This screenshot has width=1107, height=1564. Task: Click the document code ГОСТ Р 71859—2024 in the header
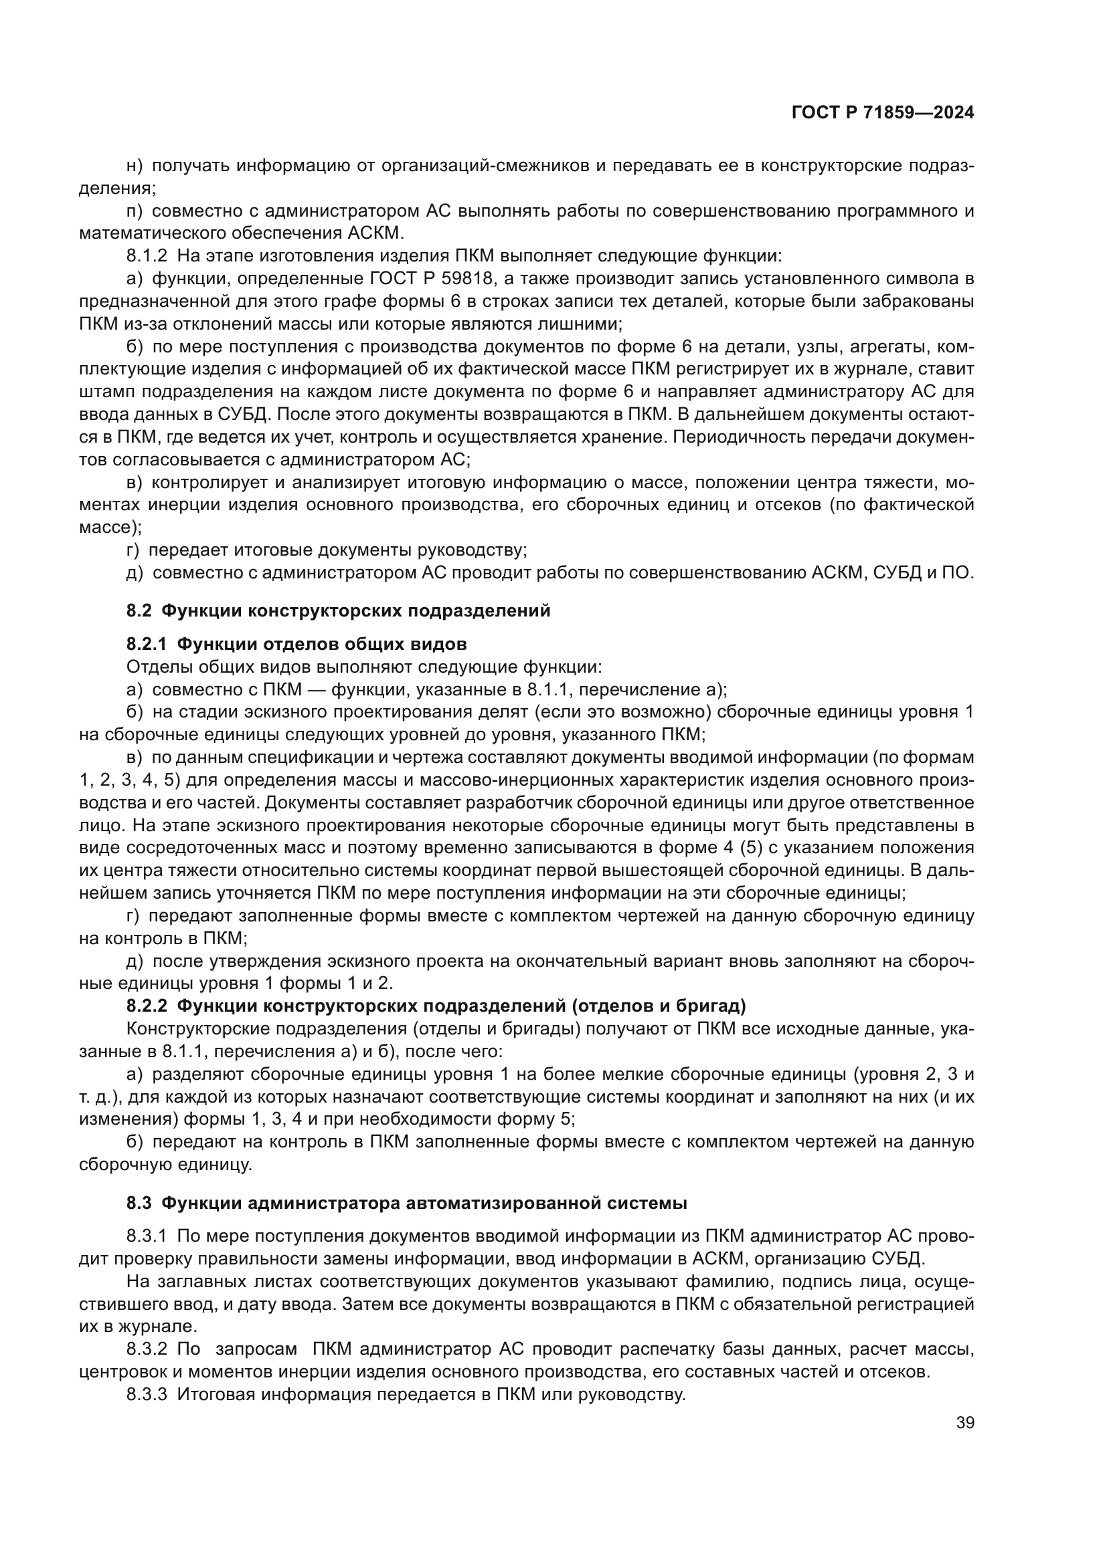coord(882,113)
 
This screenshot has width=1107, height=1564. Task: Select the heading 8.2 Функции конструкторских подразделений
coord(338,611)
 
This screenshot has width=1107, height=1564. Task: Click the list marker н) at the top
coord(134,166)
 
